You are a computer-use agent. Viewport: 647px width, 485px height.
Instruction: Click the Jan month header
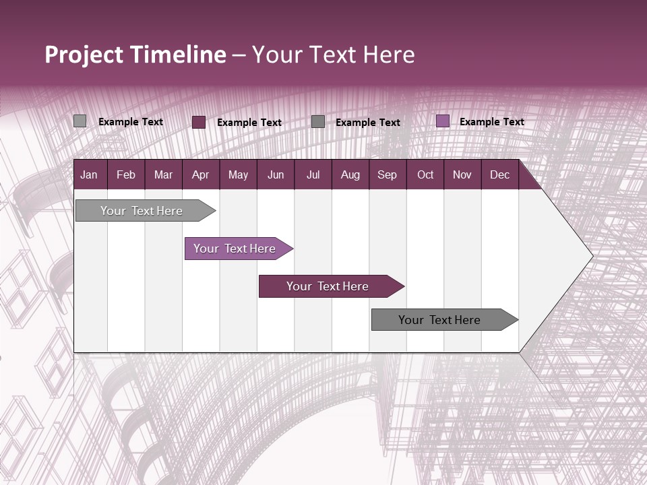tap(89, 174)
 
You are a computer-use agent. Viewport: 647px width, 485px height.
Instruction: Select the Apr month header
tap(200, 174)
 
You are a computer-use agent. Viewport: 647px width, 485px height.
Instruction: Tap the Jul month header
tap(313, 174)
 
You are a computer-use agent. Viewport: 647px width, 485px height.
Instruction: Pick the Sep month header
tap(387, 174)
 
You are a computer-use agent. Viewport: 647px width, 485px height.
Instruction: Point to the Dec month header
tap(499, 174)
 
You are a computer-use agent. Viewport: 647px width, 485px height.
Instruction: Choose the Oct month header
tap(425, 174)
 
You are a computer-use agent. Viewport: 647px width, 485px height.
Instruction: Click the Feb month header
tap(126, 174)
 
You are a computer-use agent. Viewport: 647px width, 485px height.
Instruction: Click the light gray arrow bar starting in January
tap(142, 211)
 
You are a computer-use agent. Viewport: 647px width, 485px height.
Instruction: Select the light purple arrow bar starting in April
tap(235, 249)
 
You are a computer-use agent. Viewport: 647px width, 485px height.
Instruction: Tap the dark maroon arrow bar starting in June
tap(328, 286)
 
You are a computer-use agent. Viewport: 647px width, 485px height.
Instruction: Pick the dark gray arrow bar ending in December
tap(439, 320)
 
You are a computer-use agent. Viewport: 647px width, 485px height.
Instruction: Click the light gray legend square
tap(80, 121)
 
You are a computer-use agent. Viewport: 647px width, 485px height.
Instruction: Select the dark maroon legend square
tap(199, 122)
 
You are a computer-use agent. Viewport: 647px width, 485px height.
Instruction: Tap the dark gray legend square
tap(318, 122)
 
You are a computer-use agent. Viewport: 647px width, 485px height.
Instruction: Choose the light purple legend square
tap(443, 121)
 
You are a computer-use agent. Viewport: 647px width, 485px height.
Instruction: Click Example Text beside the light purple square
tap(491, 122)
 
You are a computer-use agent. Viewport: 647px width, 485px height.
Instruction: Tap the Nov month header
tap(462, 174)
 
